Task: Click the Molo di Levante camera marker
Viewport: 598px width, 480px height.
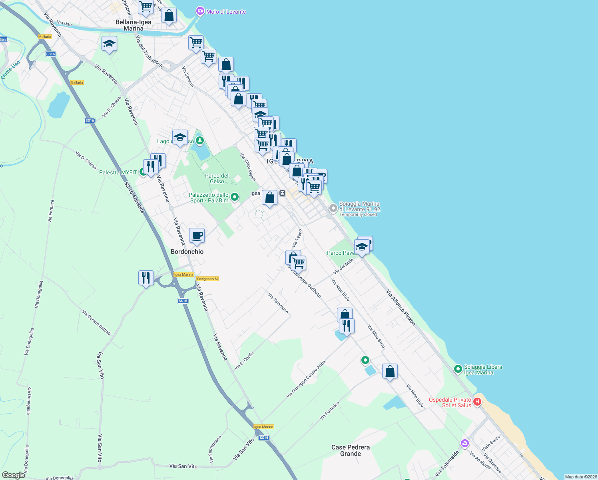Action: [200, 12]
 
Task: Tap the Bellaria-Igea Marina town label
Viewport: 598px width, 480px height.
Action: [134, 25]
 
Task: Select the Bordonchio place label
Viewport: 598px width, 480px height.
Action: [187, 252]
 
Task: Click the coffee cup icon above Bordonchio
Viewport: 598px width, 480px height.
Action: [197, 235]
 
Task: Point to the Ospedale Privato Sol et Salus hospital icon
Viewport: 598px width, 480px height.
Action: [477, 402]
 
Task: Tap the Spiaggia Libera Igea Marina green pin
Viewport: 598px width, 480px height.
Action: [458, 369]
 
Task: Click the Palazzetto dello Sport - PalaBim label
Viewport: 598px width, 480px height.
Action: [209, 198]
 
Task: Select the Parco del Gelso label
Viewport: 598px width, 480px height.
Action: [217, 178]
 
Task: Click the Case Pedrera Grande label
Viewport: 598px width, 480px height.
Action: [351, 450]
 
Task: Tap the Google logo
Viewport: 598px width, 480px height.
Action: [14, 475]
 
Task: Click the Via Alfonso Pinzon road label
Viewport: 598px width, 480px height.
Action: [401, 308]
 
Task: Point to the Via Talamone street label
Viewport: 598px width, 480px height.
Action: [278, 303]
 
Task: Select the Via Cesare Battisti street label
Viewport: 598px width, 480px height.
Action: [97, 322]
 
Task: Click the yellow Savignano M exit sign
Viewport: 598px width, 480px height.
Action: [207, 279]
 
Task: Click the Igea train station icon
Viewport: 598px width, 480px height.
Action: [282, 193]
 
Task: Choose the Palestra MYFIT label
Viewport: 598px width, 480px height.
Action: [118, 172]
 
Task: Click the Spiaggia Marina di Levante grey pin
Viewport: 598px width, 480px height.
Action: [333, 208]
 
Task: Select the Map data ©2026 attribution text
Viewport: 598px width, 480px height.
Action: [581, 477]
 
